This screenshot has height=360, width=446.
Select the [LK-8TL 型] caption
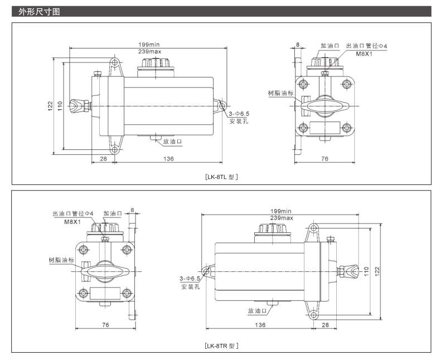[x=222, y=177]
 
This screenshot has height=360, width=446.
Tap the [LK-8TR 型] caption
[x=222, y=346]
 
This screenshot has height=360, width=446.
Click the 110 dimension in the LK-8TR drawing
[x=366, y=270]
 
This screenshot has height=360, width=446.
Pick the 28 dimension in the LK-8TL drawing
[x=103, y=159]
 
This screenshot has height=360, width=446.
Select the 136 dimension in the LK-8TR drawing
[x=260, y=324]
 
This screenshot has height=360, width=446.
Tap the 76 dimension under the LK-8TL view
[x=324, y=159]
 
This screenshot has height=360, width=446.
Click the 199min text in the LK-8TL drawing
[x=149, y=45]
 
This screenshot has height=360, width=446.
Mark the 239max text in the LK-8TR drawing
[x=282, y=218]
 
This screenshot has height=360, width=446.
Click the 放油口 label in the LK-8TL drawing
[x=172, y=142]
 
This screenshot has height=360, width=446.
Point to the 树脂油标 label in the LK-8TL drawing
[x=280, y=93]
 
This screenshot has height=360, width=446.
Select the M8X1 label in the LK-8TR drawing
[x=72, y=221]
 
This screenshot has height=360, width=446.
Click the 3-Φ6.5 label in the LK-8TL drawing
[x=239, y=113]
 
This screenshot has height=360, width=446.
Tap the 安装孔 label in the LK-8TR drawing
[x=190, y=286]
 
